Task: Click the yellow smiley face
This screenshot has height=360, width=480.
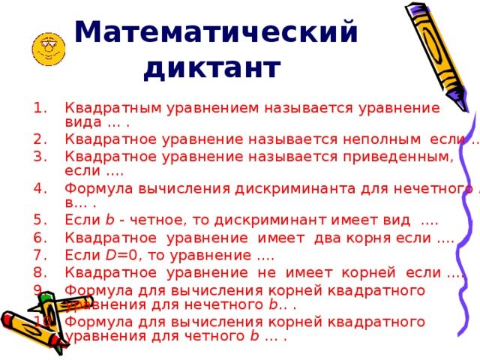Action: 46,49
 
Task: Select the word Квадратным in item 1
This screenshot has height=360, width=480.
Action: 106,107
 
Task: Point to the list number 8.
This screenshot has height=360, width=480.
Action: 41,272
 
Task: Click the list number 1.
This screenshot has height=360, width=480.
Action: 41,107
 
